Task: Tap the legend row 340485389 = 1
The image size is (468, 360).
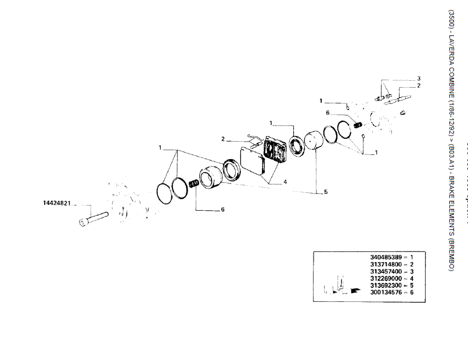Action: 391,256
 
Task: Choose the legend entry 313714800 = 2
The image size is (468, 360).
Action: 391,264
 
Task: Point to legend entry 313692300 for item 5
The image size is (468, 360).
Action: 391,286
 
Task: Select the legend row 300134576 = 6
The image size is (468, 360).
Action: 391,293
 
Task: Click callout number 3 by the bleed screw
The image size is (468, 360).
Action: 419,78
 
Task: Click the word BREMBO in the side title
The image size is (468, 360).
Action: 451,255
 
